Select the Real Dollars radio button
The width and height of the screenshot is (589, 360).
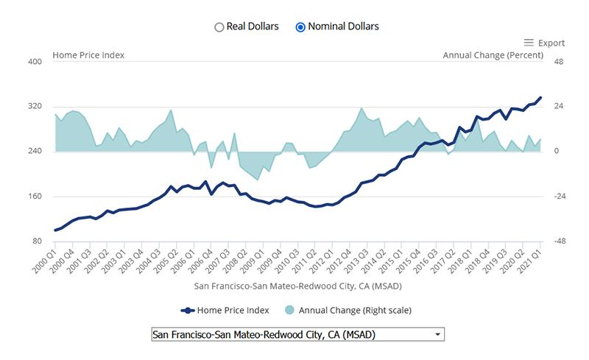pos(219,27)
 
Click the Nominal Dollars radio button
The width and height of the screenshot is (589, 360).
pos(300,27)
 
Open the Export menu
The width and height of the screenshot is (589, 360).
pos(544,43)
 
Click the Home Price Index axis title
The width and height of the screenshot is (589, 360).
pos(88,55)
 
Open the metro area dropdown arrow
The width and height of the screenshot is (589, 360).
pos(438,334)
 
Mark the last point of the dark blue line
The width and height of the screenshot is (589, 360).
pos(540,97)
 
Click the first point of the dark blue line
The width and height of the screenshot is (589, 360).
pos(55,230)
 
